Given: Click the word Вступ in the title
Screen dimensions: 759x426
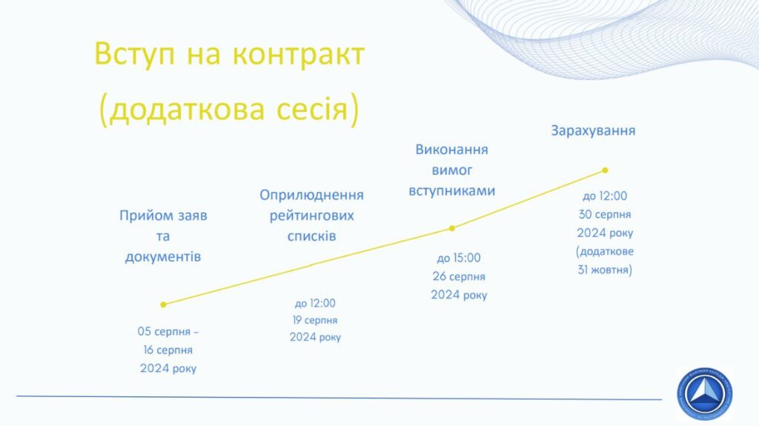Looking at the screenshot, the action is pyautogui.click(x=135, y=54).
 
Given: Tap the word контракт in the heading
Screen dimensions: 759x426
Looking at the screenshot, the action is pyautogui.click(x=298, y=54).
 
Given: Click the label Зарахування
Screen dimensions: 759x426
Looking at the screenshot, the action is pyautogui.click(x=593, y=130).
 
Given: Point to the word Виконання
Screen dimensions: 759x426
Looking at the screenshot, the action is pyautogui.click(x=451, y=150).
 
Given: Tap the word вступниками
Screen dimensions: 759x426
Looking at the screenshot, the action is pyautogui.click(x=451, y=190).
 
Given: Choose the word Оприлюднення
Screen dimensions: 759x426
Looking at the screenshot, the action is pyautogui.click(x=311, y=195).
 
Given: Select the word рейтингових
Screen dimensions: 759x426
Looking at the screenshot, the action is pyautogui.click(x=311, y=216).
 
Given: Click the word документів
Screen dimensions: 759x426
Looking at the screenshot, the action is pyautogui.click(x=163, y=256).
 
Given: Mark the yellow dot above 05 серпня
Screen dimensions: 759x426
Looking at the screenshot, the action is pyautogui.click(x=163, y=304).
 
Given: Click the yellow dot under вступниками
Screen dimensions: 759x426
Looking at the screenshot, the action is pyautogui.click(x=451, y=228).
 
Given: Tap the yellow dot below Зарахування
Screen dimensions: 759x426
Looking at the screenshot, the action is pyautogui.click(x=605, y=170).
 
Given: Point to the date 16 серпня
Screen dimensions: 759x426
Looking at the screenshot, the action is pyautogui.click(x=168, y=350).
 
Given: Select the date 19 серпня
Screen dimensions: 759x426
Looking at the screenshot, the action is pyautogui.click(x=315, y=320).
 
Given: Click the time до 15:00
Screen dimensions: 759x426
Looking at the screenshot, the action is pyautogui.click(x=458, y=258).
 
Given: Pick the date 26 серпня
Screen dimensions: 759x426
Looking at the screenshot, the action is pyautogui.click(x=458, y=276).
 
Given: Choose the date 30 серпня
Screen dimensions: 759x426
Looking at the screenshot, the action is pyautogui.click(x=605, y=214).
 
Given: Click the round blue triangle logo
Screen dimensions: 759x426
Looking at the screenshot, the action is pyautogui.click(x=705, y=393).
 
